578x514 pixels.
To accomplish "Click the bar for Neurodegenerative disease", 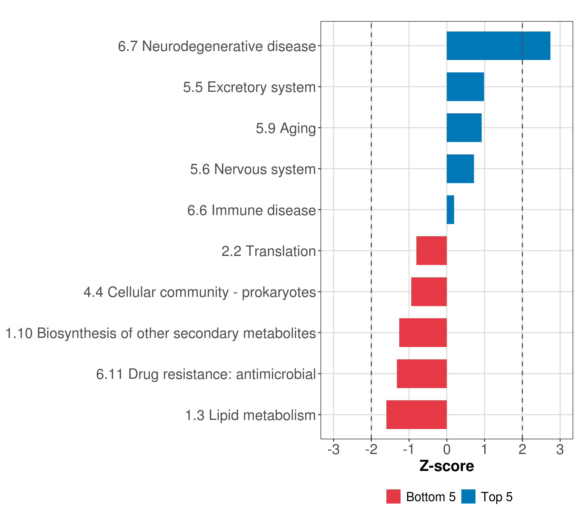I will (498, 46).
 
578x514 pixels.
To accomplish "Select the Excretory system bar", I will (465, 87).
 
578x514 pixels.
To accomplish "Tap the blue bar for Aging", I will (464, 128).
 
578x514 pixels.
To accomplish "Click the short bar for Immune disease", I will (450, 210).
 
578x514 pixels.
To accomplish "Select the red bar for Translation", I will (432, 251).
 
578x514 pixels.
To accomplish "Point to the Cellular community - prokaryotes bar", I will (429, 292).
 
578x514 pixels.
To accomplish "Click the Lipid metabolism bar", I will (417, 415).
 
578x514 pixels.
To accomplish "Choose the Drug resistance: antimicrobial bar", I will (422, 374).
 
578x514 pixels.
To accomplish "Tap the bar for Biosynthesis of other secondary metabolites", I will (423, 333).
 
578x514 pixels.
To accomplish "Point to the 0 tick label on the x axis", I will (447, 450).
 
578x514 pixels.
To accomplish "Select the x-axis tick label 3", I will (560, 450).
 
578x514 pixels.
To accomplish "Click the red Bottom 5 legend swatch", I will (393, 496).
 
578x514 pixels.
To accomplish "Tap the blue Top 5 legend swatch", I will (468, 496).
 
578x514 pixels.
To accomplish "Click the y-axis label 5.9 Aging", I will (286, 128).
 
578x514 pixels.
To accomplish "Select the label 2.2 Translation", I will (268, 251).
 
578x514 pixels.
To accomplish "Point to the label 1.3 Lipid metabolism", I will (250, 415).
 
